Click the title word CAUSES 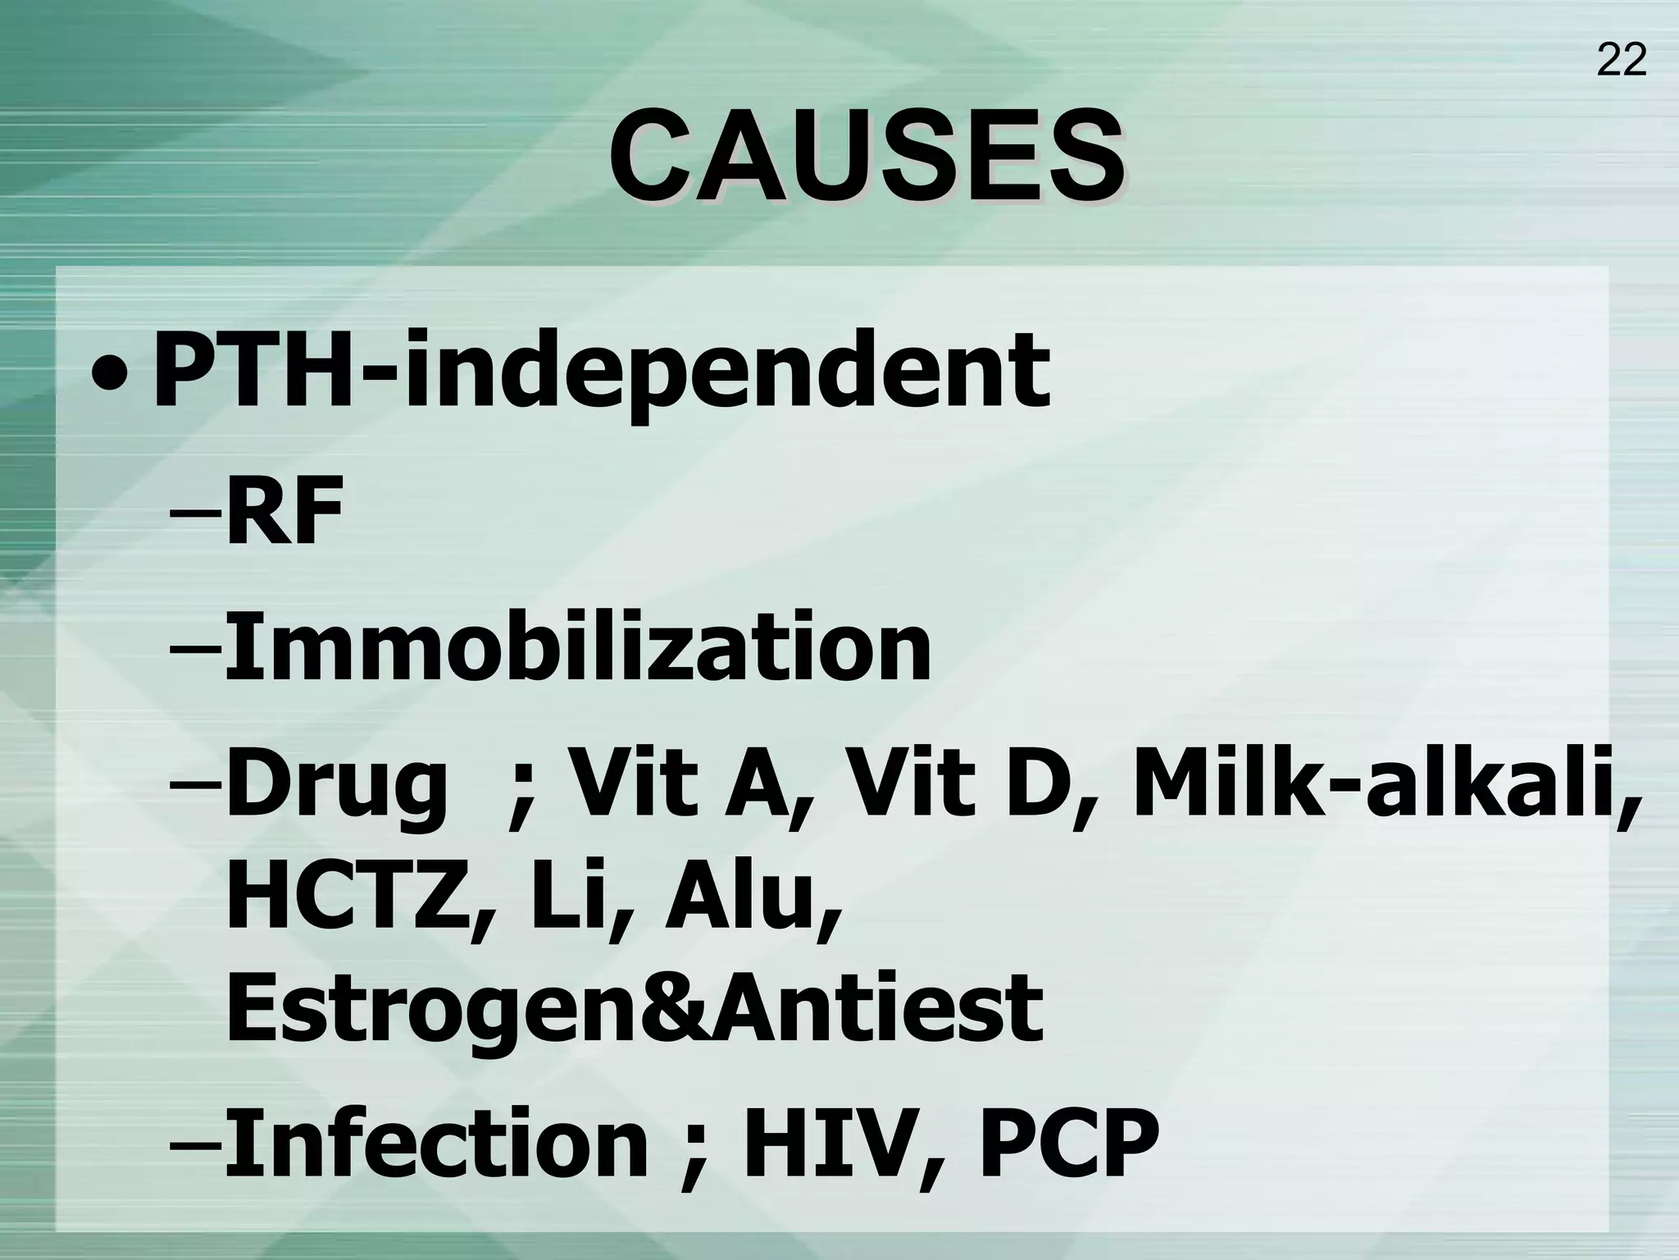click(x=866, y=156)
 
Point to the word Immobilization click(x=577, y=649)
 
